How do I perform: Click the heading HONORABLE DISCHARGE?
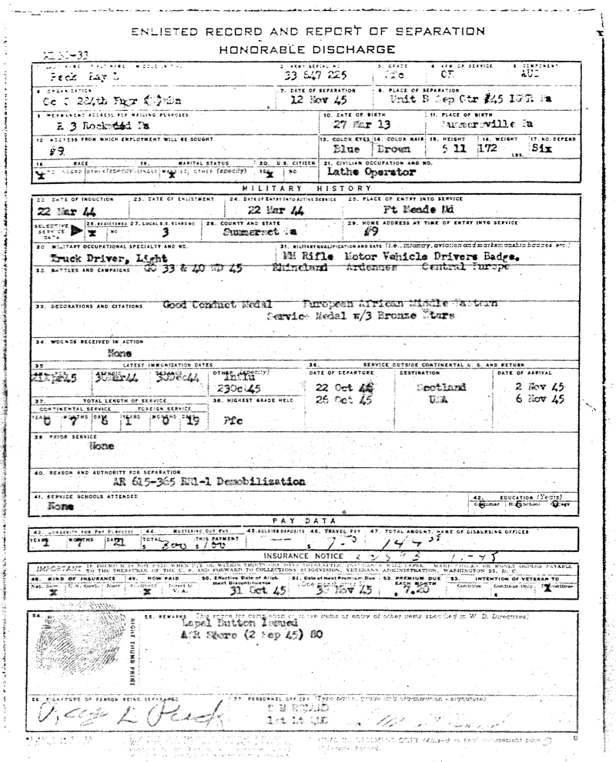pyautogui.click(x=307, y=48)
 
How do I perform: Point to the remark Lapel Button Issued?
pyautogui.click(x=213, y=626)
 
